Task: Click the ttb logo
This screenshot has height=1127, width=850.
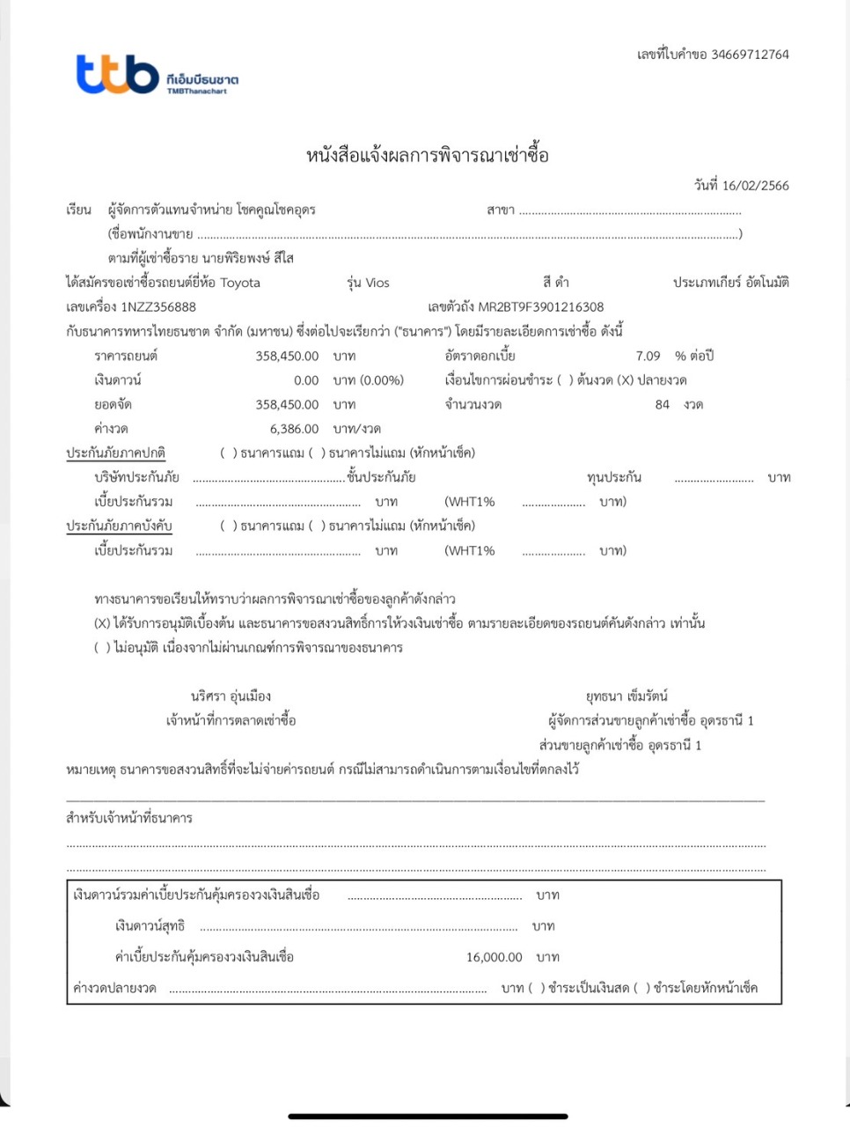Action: click(117, 75)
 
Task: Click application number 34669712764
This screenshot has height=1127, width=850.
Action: click(750, 55)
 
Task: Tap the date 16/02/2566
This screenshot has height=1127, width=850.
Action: click(755, 186)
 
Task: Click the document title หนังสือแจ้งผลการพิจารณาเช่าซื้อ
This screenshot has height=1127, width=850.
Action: click(427, 156)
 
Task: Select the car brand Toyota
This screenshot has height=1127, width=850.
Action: click(240, 283)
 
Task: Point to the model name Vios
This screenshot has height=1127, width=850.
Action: click(377, 283)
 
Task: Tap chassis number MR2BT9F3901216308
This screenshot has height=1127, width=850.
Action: click(540, 307)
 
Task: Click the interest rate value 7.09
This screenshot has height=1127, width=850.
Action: click(648, 357)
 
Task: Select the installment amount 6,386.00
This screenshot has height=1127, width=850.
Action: click(294, 429)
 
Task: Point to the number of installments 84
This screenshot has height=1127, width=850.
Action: click(662, 405)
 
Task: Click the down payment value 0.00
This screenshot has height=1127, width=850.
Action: click(306, 380)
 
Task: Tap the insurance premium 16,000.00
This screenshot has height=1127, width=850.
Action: click(494, 957)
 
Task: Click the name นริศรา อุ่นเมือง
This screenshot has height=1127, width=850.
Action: click(231, 696)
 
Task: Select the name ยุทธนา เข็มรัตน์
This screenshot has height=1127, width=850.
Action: click(627, 696)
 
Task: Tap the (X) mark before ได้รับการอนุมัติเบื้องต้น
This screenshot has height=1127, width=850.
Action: click(102, 623)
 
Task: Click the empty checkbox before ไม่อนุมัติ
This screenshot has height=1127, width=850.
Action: click(102, 648)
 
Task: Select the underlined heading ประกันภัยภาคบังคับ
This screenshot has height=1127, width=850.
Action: click(119, 527)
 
